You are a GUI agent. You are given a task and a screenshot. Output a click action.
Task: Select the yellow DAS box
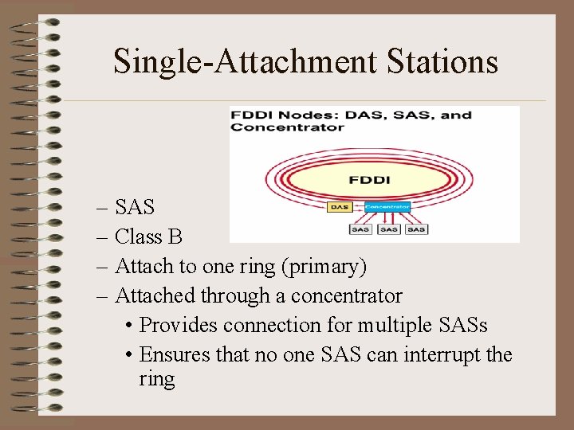339,208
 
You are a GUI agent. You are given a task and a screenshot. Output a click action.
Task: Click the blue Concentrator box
387,207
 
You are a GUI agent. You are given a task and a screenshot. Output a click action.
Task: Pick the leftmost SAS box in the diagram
360,230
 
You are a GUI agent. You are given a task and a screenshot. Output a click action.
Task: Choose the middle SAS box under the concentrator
388,230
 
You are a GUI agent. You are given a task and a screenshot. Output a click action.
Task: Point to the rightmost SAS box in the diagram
416,230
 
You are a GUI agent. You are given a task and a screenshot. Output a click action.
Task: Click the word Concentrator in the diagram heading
288,127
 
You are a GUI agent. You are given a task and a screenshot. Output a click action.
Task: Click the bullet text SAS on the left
135,208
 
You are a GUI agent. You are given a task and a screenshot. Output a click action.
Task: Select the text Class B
148,237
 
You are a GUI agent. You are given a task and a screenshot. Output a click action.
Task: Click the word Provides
179,326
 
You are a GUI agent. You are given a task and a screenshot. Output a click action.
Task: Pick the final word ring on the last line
156,379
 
